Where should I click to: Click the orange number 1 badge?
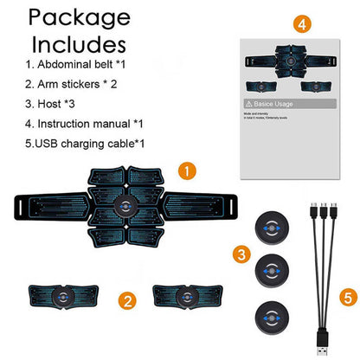[185, 170]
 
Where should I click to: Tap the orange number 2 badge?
[128, 301]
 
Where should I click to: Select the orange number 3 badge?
[242, 254]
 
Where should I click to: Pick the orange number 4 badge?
[300, 24]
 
